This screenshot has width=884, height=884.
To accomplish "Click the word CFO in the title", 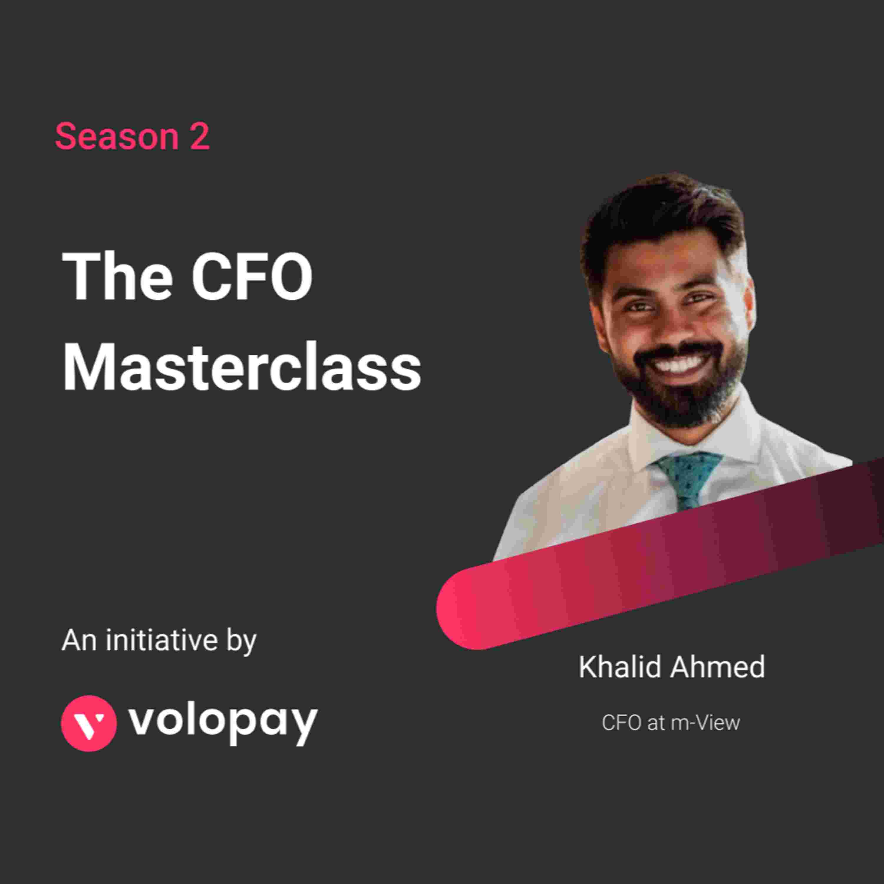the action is pos(252,276).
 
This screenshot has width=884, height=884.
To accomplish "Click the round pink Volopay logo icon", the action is pos(89,723).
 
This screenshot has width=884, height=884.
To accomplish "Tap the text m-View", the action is pos(705,723).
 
